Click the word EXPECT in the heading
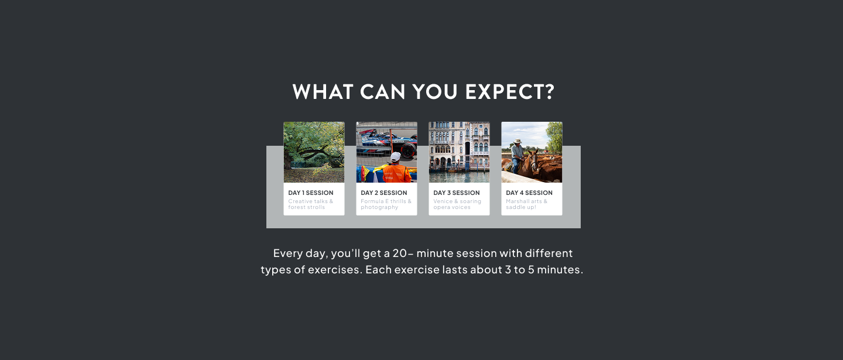pos(509,92)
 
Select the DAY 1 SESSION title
pos(310,193)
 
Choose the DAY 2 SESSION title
pos(383,193)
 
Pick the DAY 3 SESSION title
pos(456,193)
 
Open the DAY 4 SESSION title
pos(529,193)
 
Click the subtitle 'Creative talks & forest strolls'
pos(310,204)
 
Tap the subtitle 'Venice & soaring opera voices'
pos(457,204)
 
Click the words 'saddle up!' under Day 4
pos(520,207)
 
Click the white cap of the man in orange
pos(396,156)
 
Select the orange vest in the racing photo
pos(395,173)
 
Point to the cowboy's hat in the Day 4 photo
pos(517,141)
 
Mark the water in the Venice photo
pos(459,176)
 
